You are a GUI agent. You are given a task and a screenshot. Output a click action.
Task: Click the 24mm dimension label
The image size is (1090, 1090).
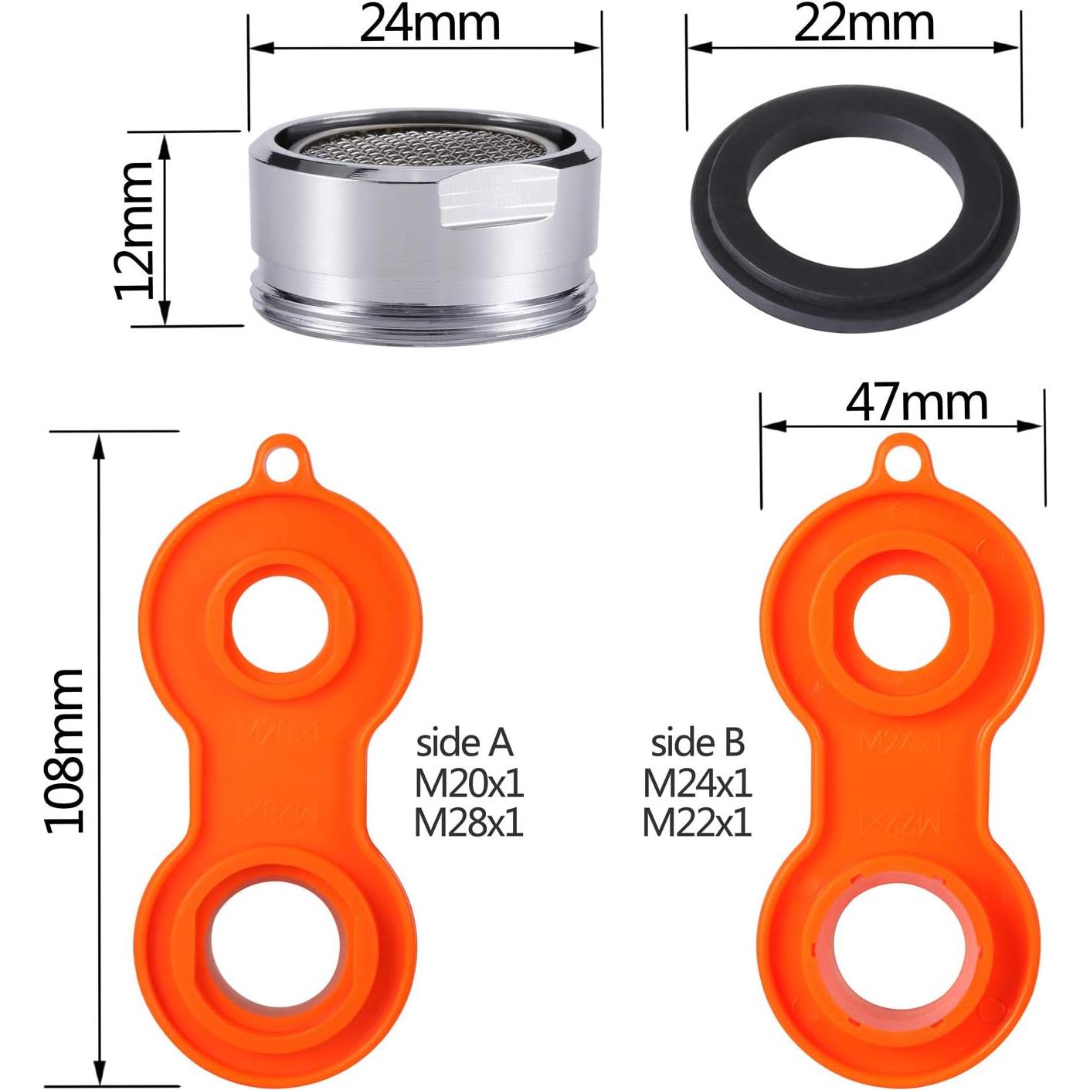coord(430,23)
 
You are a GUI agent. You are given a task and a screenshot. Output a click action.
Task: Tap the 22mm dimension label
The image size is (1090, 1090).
coord(864,23)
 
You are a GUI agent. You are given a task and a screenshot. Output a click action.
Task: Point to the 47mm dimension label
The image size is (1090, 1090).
coord(916,402)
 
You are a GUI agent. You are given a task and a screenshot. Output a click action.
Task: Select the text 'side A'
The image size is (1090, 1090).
coord(465,743)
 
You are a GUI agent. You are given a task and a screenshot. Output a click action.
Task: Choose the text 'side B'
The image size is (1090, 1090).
coord(698,743)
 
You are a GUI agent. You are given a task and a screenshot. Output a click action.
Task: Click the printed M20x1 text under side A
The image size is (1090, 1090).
coord(469,785)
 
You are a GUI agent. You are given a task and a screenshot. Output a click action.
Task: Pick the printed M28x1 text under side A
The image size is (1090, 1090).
coord(469,823)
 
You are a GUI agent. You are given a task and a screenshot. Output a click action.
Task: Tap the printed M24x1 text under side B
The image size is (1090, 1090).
coord(698,785)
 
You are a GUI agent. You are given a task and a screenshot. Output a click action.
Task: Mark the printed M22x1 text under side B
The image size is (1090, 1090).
coord(698,823)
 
